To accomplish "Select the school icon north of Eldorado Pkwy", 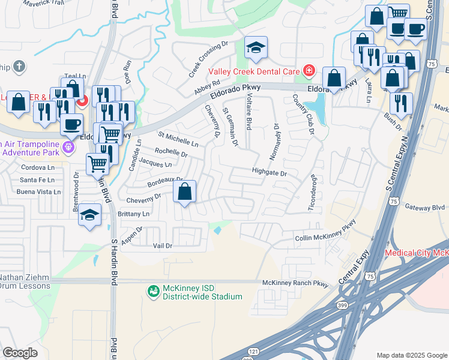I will [256, 49].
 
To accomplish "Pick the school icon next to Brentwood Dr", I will [89, 215].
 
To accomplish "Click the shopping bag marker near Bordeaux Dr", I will [185, 193].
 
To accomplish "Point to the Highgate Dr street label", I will [270, 173].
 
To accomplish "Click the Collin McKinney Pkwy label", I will [326, 238].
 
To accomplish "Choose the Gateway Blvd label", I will [424, 207].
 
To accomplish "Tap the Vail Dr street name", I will [163, 246].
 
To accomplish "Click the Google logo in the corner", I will [20, 353].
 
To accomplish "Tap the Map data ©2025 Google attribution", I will [412, 355].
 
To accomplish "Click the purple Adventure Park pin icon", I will [70, 147].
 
